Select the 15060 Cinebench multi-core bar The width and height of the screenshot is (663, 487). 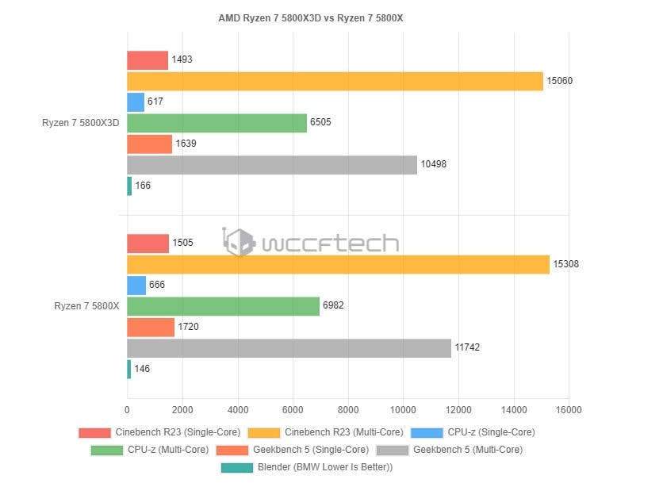pos(335,81)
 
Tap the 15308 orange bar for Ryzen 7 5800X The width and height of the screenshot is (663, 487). pos(338,264)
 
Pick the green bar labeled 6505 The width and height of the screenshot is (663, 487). pos(217,123)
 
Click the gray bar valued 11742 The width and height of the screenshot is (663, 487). pos(289,348)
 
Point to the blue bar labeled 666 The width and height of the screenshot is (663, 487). pos(136,286)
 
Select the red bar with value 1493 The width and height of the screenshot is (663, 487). pos(148,60)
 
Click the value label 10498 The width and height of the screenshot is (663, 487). pos(435,165)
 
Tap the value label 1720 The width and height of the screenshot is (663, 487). pos(190,327)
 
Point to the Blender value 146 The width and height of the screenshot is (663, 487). pos(141,369)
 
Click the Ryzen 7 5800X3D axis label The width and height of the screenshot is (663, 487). pos(81,123)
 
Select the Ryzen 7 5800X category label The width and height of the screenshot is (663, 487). pos(86,306)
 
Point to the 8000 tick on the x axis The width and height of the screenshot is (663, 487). pos(348,410)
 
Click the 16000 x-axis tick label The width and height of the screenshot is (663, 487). pos(569,410)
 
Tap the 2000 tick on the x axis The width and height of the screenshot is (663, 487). pos(182,410)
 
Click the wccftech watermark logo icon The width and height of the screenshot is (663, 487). pos(240,242)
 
